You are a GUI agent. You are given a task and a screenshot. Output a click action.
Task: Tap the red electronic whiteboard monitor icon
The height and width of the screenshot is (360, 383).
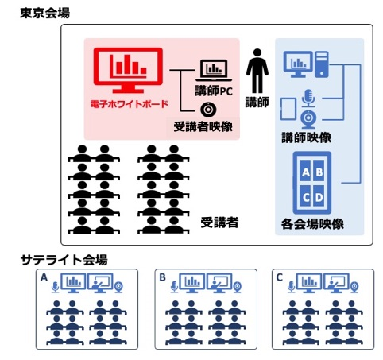(128, 72)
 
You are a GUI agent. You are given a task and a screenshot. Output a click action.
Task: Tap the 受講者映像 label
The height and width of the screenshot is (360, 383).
(206, 126)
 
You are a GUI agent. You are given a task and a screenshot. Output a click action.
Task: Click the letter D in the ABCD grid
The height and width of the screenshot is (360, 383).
(319, 196)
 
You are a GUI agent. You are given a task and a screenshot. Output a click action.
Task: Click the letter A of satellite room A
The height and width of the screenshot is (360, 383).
(44, 278)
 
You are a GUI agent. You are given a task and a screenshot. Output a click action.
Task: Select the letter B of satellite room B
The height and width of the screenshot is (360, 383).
(162, 278)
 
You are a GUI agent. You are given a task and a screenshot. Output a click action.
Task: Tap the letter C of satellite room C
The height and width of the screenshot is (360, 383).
(277, 278)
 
